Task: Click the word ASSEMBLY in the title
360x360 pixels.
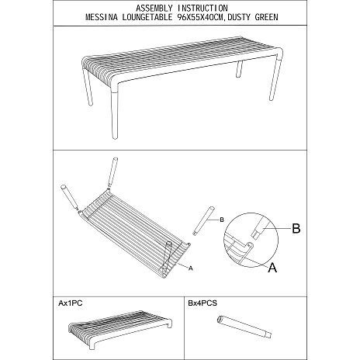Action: pos(154,9)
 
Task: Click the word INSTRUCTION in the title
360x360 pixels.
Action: pos(202,9)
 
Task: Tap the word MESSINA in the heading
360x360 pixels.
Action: pos(102,17)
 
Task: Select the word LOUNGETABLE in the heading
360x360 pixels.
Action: pos(147,17)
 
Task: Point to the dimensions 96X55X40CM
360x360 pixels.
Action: pos(199,17)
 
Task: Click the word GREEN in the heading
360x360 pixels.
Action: pos(266,17)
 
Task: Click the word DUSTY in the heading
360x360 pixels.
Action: pos(238,17)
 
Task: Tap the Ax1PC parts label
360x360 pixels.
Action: pos(71,303)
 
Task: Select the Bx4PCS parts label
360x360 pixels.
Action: pos(202,303)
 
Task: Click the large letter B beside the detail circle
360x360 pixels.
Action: pos(296,228)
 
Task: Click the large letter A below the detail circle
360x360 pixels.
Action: pos(272,267)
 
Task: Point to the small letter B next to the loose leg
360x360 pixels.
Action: pos(222,220)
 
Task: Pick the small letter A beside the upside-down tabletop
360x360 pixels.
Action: pos(191,268)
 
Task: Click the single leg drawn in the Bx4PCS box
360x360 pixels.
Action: pos(244,327)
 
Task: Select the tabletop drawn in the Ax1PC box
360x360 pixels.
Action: pos(120,330)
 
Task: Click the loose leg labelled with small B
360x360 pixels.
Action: pos(203,220)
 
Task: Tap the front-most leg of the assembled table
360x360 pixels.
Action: pos(114,114)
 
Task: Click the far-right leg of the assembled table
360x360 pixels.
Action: pos(274,79)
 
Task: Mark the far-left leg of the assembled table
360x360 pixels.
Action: pos(88,87)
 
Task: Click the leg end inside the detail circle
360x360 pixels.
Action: pos(258,229)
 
